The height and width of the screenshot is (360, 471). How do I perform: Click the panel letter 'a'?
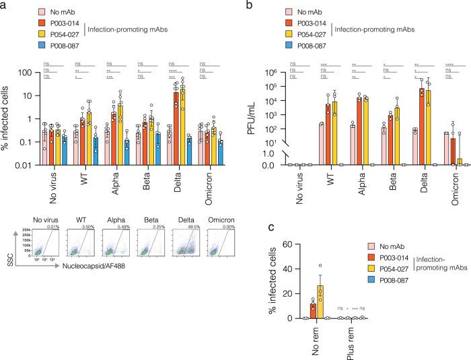point(4,5)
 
